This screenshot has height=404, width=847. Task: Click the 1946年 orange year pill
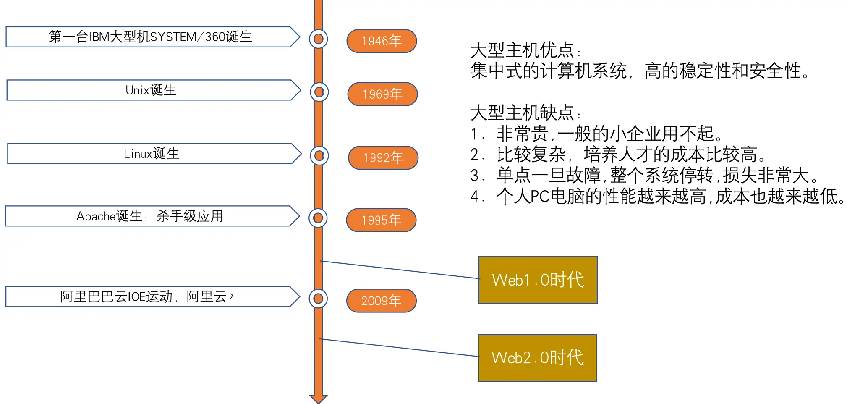pyautogui.click(x=382, y=41)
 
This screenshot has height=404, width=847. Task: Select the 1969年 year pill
pyautogui.click(x=382, y=94)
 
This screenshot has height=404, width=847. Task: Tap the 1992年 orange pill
pyautogui.click(x=383, y=158)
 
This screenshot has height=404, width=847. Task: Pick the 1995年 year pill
pyautogui.click(x=381, y=220)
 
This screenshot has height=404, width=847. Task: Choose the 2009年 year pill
pyautogui.click(x=381, y=301)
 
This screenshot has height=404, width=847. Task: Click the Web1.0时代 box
pyautogui.click(x=538, y=280)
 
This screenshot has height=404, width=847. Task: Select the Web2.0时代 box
pyautogui.click(x=537, y=358)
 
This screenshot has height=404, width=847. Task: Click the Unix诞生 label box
pyautogui.click(x=151, y=90)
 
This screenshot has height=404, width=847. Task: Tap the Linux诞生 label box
pyautogui.click(x=152, y=154)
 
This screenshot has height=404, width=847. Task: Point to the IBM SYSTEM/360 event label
pyautogui.click(x=150, y=37)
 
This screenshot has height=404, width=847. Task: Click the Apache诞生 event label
pyautogui.click(x=150, y=216)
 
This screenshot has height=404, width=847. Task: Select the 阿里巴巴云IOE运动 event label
pyautogui.click(x=147, y=297)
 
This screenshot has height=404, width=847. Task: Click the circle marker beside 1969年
pyautogui.click(x=319, y=92)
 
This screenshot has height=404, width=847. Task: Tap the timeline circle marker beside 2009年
pyautogui.click(x=318, y=299)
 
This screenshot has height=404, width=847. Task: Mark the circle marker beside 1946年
pyautogui.click(x=319, y=39)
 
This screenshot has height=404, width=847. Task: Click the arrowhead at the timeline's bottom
pyautogui.click(x=319, y=399)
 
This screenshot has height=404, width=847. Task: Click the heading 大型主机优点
pyautogui.click(x=523, y=51)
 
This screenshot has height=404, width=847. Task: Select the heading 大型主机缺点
pyautogui.click(x=523, y=113)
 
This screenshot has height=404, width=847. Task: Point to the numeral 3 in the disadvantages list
pyautogui.click(x=474, y=176)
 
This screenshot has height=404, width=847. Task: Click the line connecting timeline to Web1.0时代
pyautogui.click(x=399, y=270)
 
